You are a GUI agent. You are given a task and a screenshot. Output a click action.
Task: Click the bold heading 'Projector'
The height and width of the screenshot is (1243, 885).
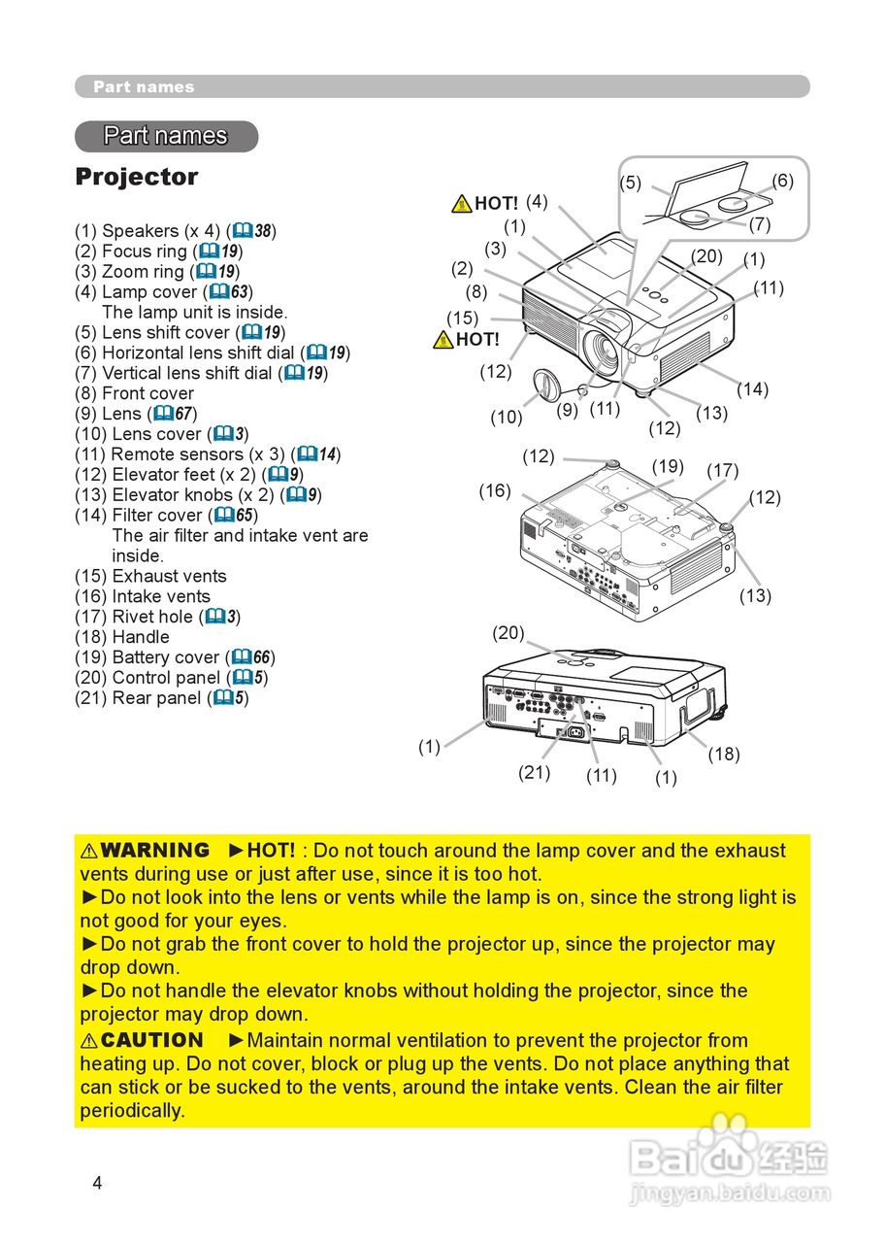[x=136, y=177]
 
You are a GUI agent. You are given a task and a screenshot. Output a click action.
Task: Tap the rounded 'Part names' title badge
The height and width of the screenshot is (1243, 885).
[x=166, y=136]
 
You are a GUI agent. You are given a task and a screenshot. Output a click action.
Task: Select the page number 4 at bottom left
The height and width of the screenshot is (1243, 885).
[x=96, y=1182]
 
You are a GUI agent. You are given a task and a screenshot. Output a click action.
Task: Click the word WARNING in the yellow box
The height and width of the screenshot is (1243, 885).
[x=154, y=851]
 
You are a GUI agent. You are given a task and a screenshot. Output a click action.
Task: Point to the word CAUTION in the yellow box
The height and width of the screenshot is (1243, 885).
[x=151, y=1041]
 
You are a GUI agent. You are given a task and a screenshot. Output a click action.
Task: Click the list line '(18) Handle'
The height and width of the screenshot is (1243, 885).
[x=122, y=637]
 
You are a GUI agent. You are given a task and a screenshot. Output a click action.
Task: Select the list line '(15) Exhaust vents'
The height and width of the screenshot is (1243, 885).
[x=150, y=576]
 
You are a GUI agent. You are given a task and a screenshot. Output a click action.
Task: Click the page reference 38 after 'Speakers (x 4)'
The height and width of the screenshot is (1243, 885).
[x=263, y=231]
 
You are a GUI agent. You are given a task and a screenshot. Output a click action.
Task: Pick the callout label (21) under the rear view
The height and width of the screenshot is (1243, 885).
[x=534, y=772]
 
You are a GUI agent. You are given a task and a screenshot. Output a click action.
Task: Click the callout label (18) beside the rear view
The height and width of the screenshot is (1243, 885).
[x=723, y=754]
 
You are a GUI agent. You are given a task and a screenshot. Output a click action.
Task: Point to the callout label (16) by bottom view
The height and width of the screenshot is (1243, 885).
[x=494, y=490]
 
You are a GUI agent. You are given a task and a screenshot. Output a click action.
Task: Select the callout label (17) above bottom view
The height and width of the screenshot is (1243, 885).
[x=722, y=471]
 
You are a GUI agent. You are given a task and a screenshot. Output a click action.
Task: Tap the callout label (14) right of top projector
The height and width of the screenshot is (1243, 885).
[x=751, y=389]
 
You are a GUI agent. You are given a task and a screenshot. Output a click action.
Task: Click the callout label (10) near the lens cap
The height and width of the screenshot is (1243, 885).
[x=506, y=418]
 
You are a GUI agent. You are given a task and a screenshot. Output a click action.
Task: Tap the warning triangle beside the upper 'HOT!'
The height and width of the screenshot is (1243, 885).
[x=462, y=203]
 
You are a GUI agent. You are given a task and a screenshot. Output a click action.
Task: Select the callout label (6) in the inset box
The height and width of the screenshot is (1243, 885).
[x=782, y=181]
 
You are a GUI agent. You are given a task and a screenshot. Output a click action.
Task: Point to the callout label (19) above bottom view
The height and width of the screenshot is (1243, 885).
[x=668, y=465]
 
